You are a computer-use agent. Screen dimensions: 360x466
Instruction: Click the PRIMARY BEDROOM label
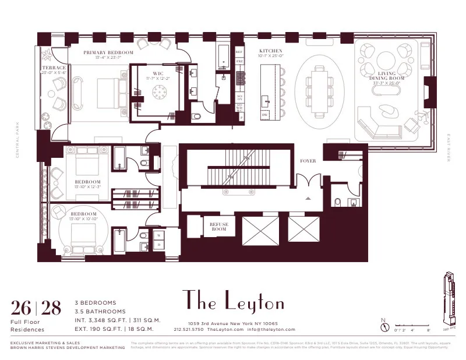coord(108,53)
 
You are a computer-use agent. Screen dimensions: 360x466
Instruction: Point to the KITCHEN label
coord(271,51)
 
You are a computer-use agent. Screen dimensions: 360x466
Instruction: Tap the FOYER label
coord(308,161)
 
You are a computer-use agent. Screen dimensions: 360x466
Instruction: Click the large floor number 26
coord(22,307)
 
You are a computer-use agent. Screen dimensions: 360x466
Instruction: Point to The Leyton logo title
coord(234,301)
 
